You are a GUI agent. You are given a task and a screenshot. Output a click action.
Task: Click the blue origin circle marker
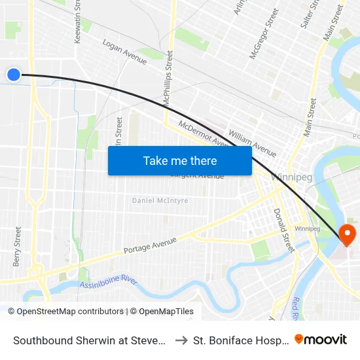click(x=14, y=75)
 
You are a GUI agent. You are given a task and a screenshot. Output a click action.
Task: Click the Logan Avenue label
click(x=124, y=52)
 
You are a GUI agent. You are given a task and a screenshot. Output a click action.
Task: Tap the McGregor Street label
click(x=264, y=34)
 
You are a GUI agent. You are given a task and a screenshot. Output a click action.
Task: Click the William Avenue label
click(x=252, y=139)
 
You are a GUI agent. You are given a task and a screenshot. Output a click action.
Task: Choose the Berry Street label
click(x=17, y=246)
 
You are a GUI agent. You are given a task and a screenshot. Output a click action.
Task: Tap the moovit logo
click(x=321, y=339)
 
